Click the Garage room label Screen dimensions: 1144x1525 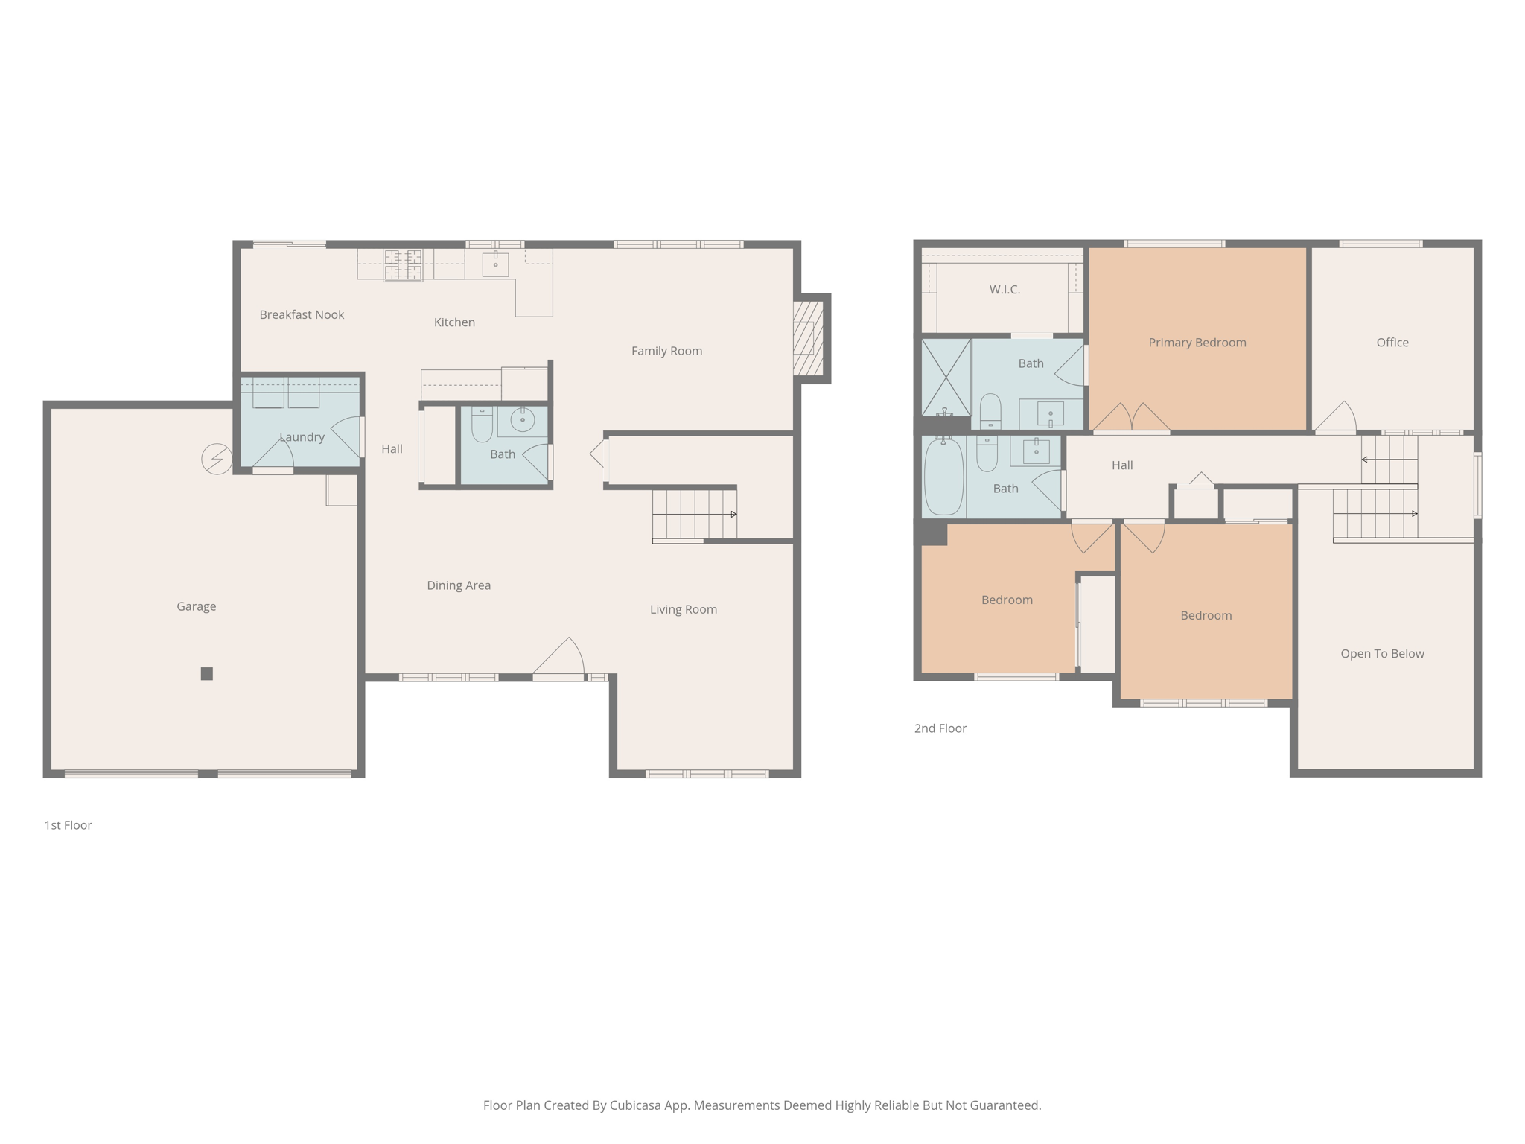click(196, 606)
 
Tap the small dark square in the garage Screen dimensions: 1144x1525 click(207, 673)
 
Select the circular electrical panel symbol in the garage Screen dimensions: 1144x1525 click(217, 459)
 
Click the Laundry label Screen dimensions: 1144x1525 click(302, 437)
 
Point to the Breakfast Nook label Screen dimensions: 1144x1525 click(302, 314)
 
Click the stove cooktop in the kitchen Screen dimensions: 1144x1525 click(403, 265)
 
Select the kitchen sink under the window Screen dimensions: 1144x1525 click(495, 264)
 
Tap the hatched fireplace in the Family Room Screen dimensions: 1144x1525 click(808, 338)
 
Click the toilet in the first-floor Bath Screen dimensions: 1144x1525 click(482, 425)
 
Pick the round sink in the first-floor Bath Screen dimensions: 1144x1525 click(523, 419)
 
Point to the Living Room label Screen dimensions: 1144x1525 click(683, 609)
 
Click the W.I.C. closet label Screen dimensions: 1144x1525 click(1005, 290)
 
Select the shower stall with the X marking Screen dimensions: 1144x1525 click(946, 377)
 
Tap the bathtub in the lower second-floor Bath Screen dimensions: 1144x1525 click(943, 477)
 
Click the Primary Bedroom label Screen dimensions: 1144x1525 click(1197, 343)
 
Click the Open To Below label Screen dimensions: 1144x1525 click(1382, 653)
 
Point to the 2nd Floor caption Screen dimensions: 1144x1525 click(940, 728)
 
